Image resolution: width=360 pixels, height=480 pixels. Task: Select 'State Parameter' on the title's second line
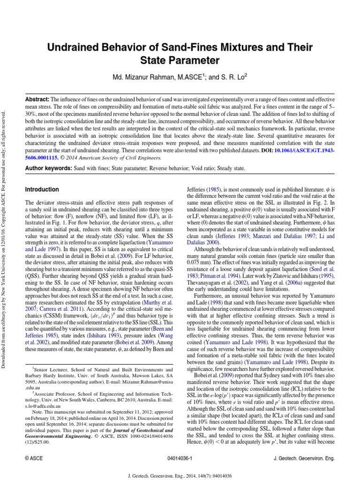point(180,60)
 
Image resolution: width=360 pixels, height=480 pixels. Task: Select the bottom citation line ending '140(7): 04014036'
point(180,474)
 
